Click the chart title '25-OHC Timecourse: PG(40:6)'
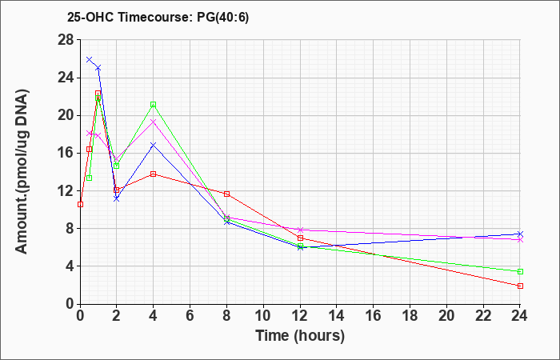tap(158, 17)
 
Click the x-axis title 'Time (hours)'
tap(300, 336)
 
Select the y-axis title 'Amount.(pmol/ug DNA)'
tap(22, 171)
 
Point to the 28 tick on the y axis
tap(66, 40)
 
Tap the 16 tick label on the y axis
tap(66, 154)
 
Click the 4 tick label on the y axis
tap(71, 266)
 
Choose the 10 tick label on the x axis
tap(263, 316)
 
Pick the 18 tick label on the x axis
tap(410, 316)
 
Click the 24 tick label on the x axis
tap(520, 316)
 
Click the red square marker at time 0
tap(80, 204)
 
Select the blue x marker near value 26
tap(90, 59)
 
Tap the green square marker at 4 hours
tap(154, 104)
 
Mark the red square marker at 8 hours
tap(226, 194)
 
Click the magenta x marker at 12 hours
tap(300, 230)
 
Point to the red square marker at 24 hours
tap(520, 286)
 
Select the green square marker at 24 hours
tap(520, 271)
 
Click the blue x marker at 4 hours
tap(154, 145)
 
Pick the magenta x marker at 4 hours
tap(154, 122)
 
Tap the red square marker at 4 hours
tap(154, 174)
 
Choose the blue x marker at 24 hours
tap(520, 234)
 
